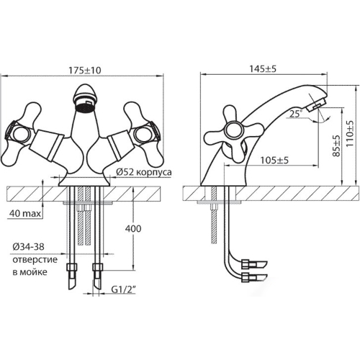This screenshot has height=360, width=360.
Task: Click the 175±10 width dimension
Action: tap(85, 71)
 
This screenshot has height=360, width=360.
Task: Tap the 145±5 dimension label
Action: tap(263, 69)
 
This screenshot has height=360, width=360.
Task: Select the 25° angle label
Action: tap(295, 114)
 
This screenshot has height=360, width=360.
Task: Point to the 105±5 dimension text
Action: tap(274, 160)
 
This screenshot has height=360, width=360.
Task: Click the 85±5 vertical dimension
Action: tap(337, 145)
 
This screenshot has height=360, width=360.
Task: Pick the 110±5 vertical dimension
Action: tap(350, 134)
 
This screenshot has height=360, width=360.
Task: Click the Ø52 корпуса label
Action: tap(144, 172)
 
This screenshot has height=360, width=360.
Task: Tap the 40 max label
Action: tap(25, 213)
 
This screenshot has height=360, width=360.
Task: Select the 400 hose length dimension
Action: tap(133, 228)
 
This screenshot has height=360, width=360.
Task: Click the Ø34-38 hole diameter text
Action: tap(28, 247)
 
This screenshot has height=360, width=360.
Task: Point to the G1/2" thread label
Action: tap(124, 290)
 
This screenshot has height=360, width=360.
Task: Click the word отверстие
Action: tap(35, 260)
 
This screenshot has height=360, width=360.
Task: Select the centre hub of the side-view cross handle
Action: tap(234, 132)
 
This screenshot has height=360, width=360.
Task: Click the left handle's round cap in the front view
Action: tap(21, 135)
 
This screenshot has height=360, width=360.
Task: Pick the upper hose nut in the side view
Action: tap(248, 264)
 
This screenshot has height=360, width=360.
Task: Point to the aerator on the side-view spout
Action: tap(316, 104)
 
